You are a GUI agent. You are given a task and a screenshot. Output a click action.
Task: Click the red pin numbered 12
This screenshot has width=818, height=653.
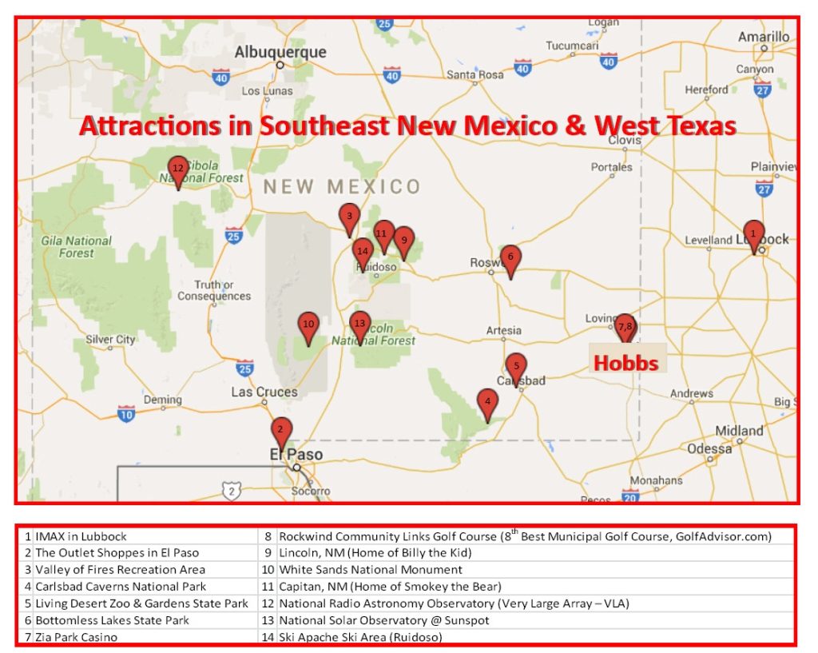177,169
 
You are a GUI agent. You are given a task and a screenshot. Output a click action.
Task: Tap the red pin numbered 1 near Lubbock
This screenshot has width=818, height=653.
752,233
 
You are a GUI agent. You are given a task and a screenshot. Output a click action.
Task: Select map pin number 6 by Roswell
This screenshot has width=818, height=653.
510,258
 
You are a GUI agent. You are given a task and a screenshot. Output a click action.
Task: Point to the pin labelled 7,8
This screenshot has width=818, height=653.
625,326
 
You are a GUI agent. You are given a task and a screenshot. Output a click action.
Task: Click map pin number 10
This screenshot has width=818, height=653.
308,325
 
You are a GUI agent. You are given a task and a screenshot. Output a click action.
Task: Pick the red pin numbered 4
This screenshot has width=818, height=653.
487,401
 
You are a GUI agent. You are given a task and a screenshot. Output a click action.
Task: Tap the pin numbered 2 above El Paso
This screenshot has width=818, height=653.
280,430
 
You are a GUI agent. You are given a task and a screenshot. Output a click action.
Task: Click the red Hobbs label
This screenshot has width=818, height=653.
625,364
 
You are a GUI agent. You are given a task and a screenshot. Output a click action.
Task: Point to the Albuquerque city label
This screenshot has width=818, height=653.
280,53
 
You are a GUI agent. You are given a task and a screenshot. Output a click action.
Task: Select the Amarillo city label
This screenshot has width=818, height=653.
764,37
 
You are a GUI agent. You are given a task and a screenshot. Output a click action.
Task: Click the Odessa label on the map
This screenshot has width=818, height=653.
709,449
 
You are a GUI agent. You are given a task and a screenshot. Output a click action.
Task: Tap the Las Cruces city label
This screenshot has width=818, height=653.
264,392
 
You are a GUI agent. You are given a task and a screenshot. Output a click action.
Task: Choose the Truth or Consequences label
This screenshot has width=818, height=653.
213,291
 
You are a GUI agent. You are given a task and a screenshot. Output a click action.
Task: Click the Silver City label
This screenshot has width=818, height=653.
110,340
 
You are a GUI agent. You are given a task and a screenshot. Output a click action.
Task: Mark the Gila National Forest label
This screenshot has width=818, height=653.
77,247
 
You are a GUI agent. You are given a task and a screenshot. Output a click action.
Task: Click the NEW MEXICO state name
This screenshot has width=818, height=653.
342,188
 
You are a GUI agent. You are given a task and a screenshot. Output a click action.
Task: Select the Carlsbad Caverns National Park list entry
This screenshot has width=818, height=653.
120,587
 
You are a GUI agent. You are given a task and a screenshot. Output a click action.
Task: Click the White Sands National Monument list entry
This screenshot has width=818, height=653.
371,570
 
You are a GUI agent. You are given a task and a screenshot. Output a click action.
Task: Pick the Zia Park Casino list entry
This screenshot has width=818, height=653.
76,637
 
